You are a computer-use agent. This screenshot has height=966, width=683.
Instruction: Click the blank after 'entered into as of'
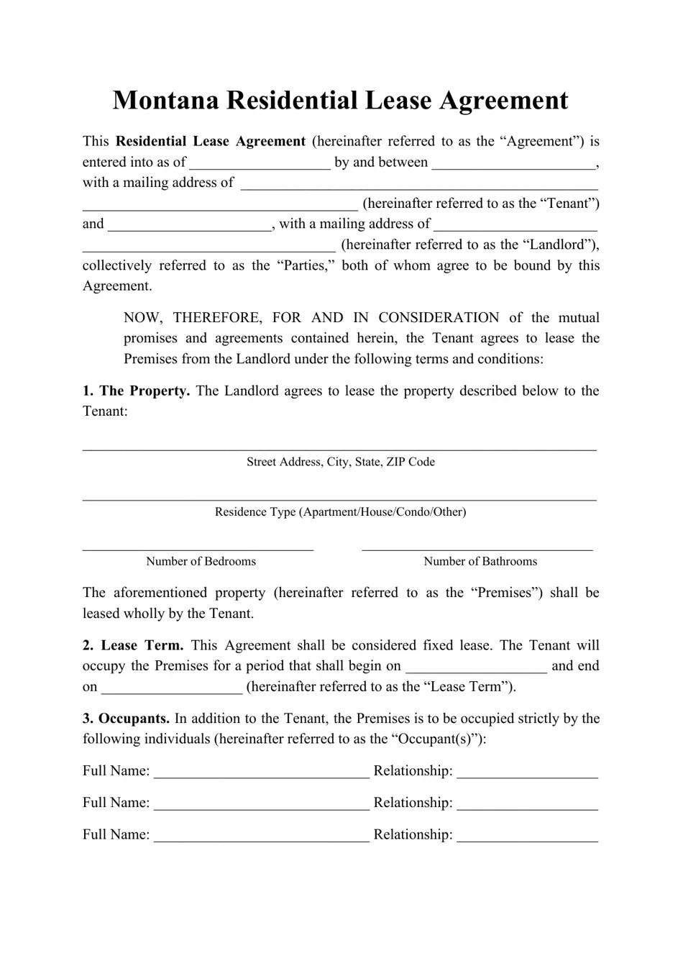click(260, 163)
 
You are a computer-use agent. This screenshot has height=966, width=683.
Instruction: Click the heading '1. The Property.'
click(136, 391)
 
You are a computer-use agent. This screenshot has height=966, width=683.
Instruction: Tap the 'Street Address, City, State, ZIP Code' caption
click(340, 462)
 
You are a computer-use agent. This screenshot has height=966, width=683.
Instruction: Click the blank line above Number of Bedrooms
click(198, 547)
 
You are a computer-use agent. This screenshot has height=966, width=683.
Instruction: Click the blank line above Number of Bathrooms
click(477, 547)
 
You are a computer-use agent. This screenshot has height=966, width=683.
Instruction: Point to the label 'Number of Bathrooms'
click(480, 562)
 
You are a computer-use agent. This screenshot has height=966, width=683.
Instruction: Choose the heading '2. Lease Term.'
click(133, 646)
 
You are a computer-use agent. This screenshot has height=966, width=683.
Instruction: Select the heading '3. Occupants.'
click(126, 719)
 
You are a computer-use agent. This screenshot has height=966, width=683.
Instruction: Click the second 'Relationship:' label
click(413, 803)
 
